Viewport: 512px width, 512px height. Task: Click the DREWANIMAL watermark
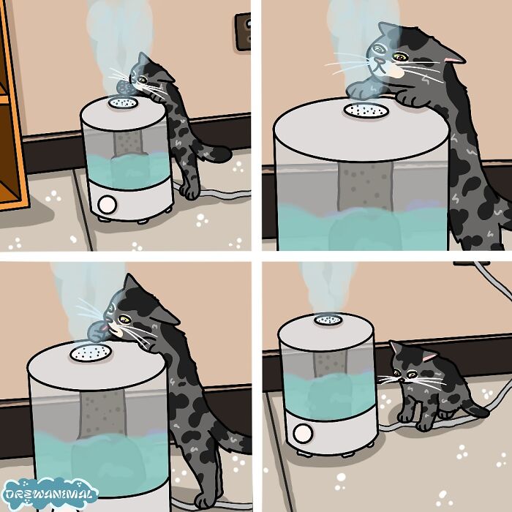pos(50,494)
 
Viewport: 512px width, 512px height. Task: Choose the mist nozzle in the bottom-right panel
pos(325,319)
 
